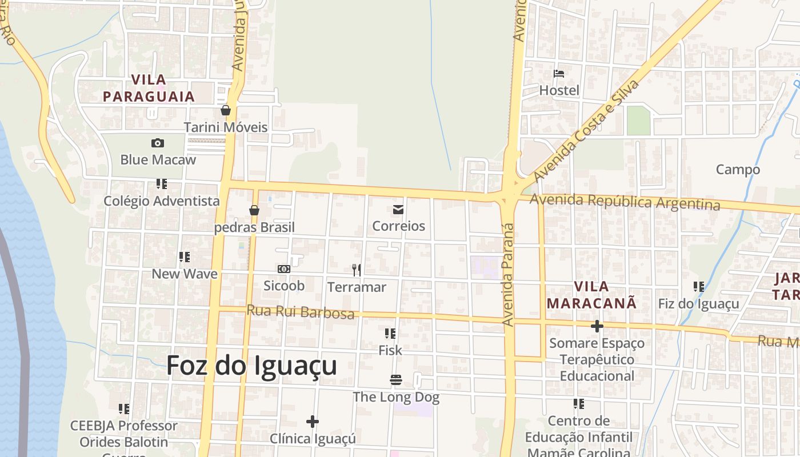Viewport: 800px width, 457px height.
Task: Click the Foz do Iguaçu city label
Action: point(251,366)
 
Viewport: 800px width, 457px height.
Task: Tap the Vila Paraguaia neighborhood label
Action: point(149,88)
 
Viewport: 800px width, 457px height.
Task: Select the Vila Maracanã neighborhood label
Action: point(591,295)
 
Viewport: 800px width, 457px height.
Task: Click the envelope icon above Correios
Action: point(398,210)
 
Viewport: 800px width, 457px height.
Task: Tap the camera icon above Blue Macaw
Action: point(158,143)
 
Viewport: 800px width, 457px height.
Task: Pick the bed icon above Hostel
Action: point(559,74)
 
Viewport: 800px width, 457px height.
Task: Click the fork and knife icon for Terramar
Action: point(357,270)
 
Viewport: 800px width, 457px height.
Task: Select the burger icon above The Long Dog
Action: point(395,380)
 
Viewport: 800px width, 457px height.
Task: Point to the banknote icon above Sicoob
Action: point(283,269)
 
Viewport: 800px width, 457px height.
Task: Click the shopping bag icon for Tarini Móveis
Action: point(226,110)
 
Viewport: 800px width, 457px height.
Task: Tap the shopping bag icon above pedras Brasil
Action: point(254,210)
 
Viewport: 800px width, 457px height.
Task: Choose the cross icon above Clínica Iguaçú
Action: point(312,422)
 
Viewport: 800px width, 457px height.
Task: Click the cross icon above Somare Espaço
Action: point(597,326)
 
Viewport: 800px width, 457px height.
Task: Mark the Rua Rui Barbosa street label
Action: point(300,312)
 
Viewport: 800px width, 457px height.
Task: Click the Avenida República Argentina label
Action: point(625,202)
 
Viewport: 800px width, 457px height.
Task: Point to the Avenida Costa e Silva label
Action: point(586,130)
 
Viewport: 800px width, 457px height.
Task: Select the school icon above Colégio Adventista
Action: point(162,184)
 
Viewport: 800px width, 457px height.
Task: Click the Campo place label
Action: point(738,170)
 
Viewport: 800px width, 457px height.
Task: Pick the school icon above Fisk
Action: point(390,334)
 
